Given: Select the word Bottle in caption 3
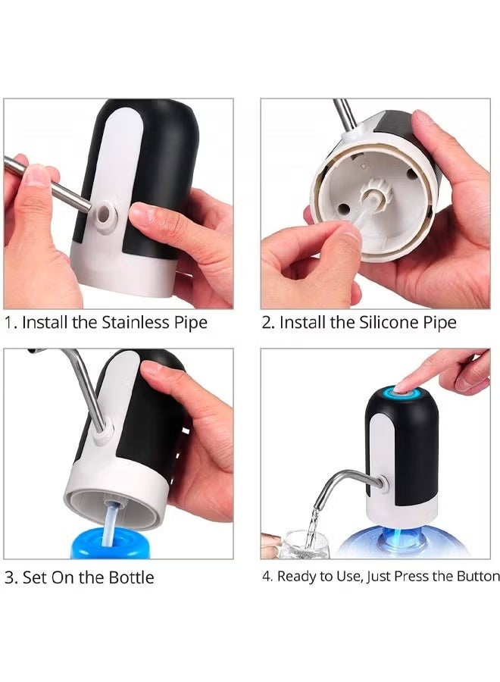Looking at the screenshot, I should click(130, 577).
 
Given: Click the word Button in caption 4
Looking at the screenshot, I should click(477, 577).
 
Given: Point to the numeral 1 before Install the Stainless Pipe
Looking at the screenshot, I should click(9, 322).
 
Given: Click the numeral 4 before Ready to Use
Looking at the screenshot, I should click(267, 577).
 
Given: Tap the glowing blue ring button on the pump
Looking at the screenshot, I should click(394, 393).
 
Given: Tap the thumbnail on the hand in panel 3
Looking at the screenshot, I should click(152, 368).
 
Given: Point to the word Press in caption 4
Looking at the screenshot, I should click(412, 577).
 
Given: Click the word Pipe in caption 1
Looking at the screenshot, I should click(189, 322).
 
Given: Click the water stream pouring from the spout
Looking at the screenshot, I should click(312, 523).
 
